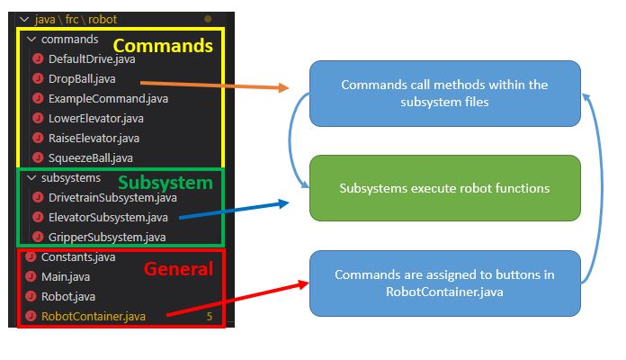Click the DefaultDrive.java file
click(x=85, y=58)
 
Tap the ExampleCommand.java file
click(x=95, y=98)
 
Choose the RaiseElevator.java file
click(x=88, y=138)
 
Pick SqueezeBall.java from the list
click(x=85, y=157)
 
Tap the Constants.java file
click(x=77, y=257)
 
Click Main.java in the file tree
click(x=66, y=277)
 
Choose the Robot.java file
click(x=68, y=296)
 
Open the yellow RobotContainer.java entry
click(x=94, y=316)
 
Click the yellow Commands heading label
click(x=163, y=45)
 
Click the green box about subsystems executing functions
click(x=444, y=188)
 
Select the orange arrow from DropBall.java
click(x=216, y=84)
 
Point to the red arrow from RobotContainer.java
click(x=234, y=299)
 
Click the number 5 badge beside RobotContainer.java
click(x=209, y=317)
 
